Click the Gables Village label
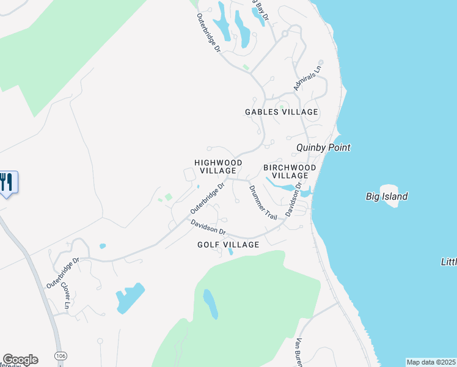tap(282, 112)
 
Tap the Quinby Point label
tap(323, 147)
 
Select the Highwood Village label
tap(218, 166)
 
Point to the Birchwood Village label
tap(290, 171)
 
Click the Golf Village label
tap(228, 245)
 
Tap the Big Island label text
tap(387, 196)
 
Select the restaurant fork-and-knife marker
tap(7, 182)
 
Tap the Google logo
tap(20, 360)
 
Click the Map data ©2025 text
tap(431, 362)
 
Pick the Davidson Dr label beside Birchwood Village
tap(294, 200)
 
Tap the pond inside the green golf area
tap(210, 304)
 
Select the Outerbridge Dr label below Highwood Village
tap(208, 198)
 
